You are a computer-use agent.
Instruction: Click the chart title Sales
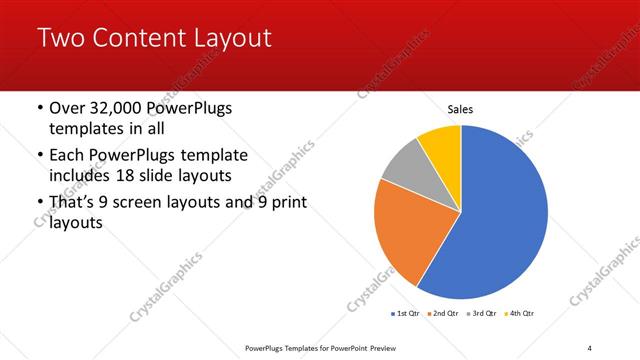[x=460, y=109]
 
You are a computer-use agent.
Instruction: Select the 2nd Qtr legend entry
[x=445, y=314]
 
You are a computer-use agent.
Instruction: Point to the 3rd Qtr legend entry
[x=484, y=314]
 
